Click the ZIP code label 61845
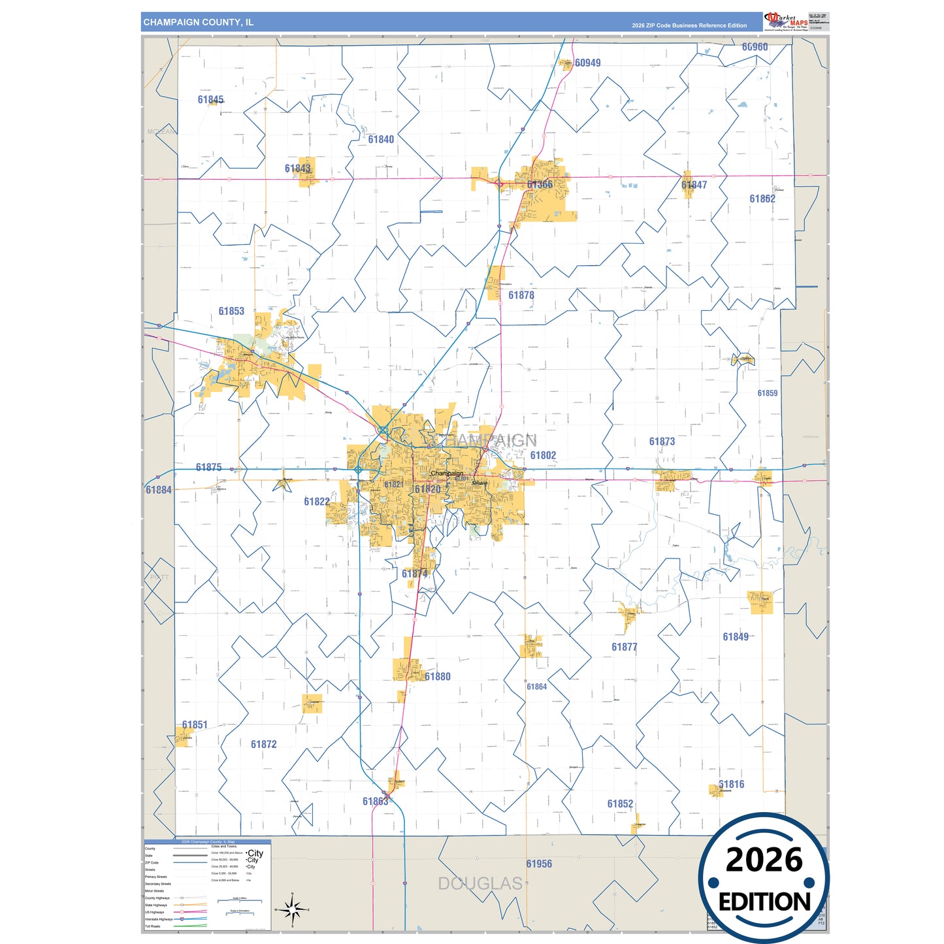coord(210,100)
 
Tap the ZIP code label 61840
coord(381,139)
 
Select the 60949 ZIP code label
coord(587,63)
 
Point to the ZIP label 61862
coord(762,199)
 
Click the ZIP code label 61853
coord(231,311)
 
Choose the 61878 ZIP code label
coord(521,295)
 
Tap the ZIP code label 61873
coord(662,442)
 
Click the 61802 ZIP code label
coord(543,455)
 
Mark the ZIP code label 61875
coord(208,467)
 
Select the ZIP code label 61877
coord(624,647)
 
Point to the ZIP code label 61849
coord(736,637)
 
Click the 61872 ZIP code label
coord(263,744)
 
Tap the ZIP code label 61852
coord(620,804)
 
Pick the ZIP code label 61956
coord(539,864)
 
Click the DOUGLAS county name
coord(480,884)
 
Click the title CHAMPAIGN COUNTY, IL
coord(199,22)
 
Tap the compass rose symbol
coord(292,909)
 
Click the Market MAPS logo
coord(786,22)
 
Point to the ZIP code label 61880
coord(438,677)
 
